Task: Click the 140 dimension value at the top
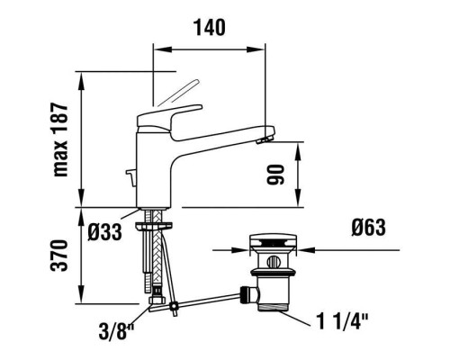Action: pyautogui.click(x=209, y=27)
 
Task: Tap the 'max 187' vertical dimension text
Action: pyautogui.click(x=61, y=139)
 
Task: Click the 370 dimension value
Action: pyautogui.click(x=61, y=257)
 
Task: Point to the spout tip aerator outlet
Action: pyautogui.click(x=263, y=140)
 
